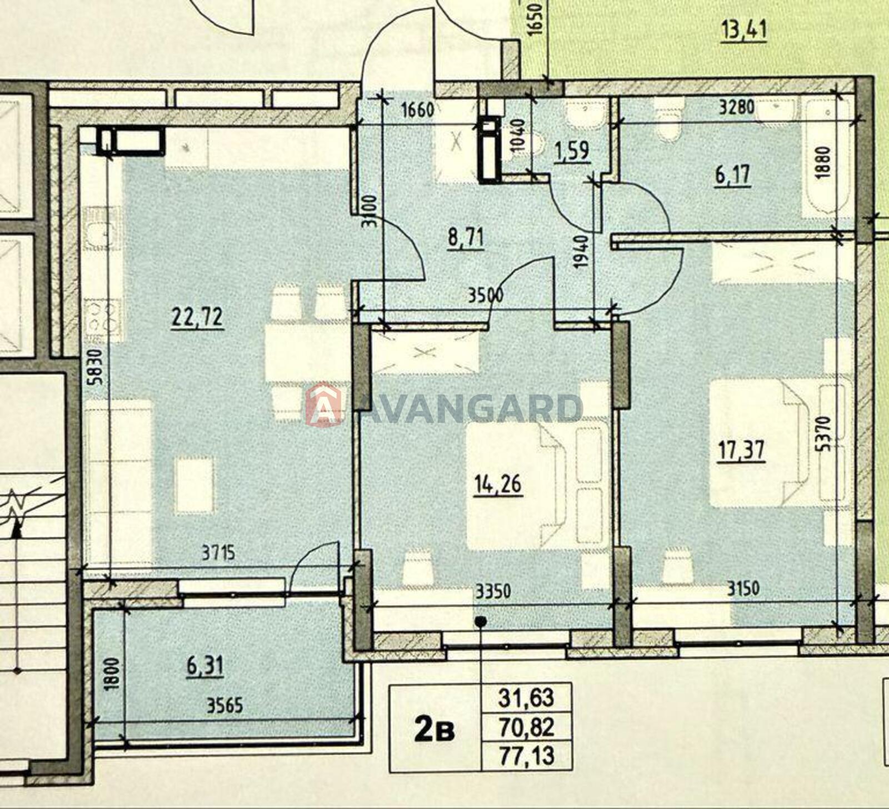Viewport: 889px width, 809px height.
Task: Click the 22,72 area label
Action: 197,318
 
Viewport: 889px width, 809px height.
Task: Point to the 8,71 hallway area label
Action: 466,239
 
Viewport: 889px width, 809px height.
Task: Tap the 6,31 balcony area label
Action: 205,665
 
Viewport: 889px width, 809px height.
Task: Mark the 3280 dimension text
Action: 736,107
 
